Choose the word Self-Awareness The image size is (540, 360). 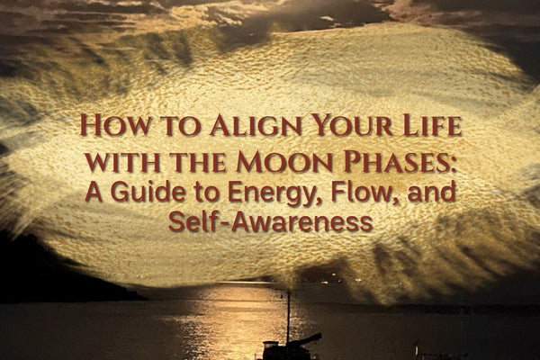click(270, 221)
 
